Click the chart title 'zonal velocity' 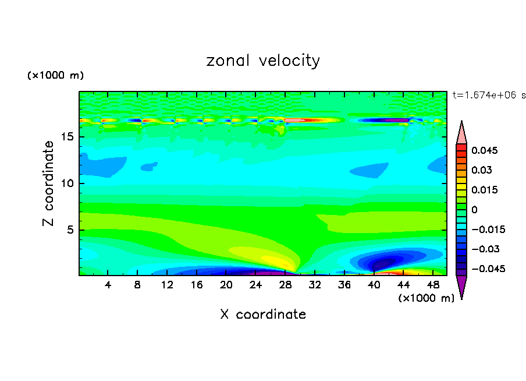(x=263, y=61)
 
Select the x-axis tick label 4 (x=108, y=285)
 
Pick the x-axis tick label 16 (x=197, y=285)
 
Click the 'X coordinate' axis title (x=263, y=315)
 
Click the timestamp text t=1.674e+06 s (x=489, y=95)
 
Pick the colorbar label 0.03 (x=481, y=170)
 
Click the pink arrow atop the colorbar (x=461, y=133)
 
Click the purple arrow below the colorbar (x=461, y=286)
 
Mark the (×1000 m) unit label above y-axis (x=55, y=76)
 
